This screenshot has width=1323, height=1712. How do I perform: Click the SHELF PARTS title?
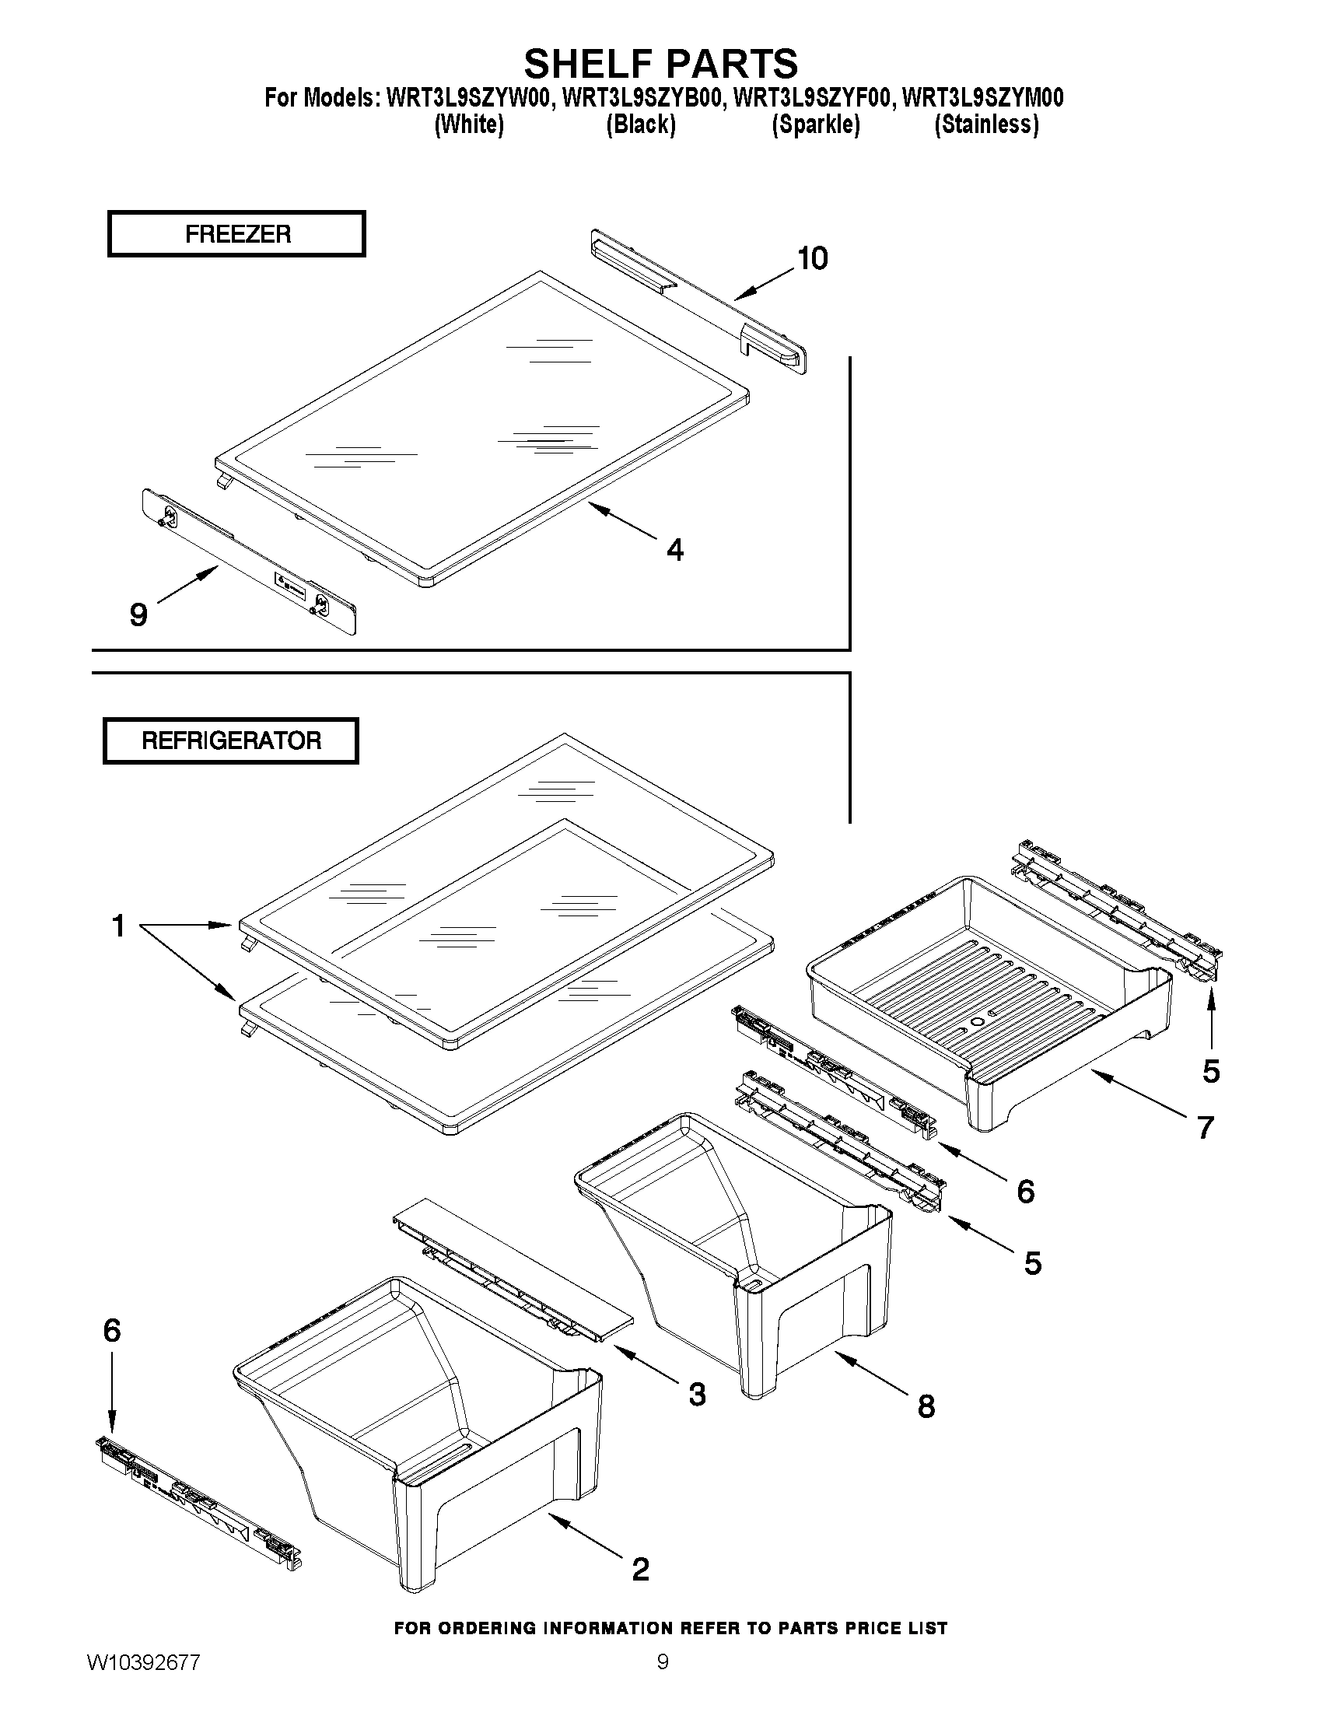pyautogui.click(x=660, y=63)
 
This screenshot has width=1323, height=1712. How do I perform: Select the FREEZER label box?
pyautogui.click(x=236, y=233)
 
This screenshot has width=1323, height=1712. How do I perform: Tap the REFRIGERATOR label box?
pyautogui.click(x=231, y=740)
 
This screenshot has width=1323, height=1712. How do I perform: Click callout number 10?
pyautogui.click(x=812, y=259)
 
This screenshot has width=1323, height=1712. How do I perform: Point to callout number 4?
pyautogui.click(x=674, y=549)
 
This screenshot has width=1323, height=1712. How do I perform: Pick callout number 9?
pyautogui.click(x=138, y=614)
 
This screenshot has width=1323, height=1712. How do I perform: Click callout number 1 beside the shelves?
pyautogui.click(x=118, y=926)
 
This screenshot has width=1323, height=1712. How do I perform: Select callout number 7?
pyautogui.click(x=1205, y=1127)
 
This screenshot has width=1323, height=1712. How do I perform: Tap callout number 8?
pyautogui.click(x=926, y=1406)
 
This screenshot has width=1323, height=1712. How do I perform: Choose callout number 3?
pyautogui.click(x=696, y=1394)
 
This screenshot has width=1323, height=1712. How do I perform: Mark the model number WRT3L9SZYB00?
pyautogui.click(x=642, y=98)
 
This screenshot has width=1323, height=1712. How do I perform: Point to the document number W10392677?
pyautogui.click(x=143, y=1663)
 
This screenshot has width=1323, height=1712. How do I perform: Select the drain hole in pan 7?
pyautogui.click(x=977, y=1022)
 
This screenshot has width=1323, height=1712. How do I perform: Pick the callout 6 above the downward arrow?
pyautogui.click(x=112, y=1330)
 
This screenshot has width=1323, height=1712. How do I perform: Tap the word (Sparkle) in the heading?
pyautogui.click(x=815, y=124)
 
